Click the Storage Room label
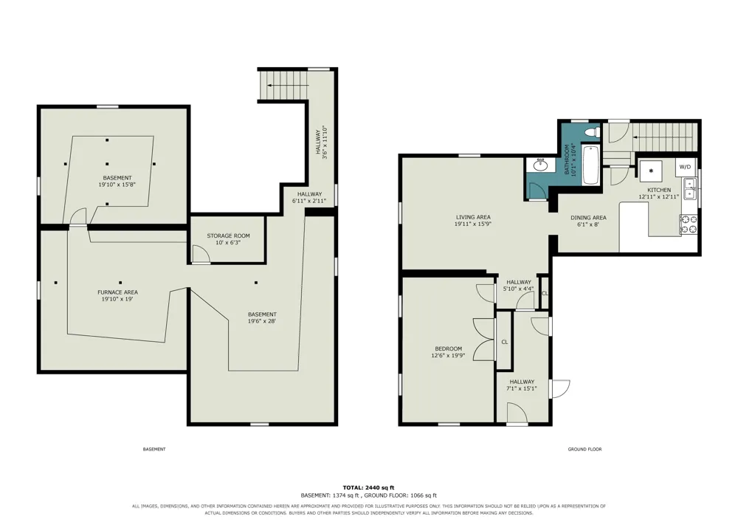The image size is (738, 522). (228, 236)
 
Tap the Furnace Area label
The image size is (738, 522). (117, 292)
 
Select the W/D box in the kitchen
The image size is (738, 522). (685, 167)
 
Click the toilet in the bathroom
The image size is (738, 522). (592, 133)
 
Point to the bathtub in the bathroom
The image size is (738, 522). (590, 165)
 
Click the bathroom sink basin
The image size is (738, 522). (540, 165)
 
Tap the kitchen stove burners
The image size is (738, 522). (689, 224)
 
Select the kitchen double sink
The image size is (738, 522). (691, 188)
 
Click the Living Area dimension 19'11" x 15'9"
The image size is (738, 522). (473, 224)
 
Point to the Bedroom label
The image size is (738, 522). (448, 348)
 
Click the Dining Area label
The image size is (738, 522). (588, 218)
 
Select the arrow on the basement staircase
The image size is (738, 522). (288, 85)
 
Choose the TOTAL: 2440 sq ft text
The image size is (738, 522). (368, 487)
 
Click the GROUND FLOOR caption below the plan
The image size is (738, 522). (584, 450)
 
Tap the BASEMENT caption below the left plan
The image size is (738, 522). (154, 450)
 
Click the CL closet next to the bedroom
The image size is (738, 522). (504, 342)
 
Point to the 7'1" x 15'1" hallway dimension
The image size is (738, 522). (522, 389)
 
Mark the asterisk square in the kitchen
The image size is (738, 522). (651, 171)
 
